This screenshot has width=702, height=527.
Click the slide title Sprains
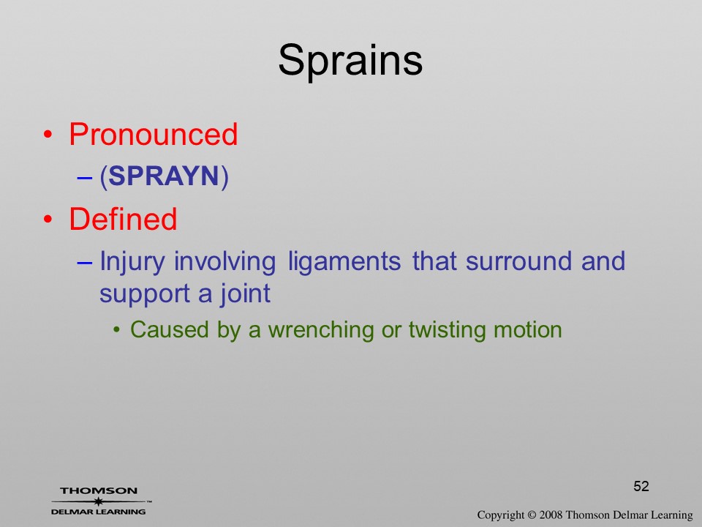[x=350, y=61]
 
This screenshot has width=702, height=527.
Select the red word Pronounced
[x=153, y=134]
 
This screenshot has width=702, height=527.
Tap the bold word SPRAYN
[x=164, y=176]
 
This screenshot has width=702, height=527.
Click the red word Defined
[x=123, y=219]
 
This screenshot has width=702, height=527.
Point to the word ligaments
[x=344, y=262]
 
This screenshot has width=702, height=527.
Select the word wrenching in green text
[x=321, y=331]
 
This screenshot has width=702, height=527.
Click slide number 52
[x=641, y=486]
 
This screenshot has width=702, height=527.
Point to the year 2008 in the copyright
[x=551, y=515]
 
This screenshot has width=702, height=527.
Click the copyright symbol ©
[x=532, y=515]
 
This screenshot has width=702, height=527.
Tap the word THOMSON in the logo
[x=99, y=491]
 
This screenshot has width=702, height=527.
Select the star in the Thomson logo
[x=99, y=501]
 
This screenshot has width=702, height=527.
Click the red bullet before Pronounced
[x=48, y=135]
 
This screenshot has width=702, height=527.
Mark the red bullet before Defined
[x=48, y=220]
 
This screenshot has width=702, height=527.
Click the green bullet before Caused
[x=117, y=331]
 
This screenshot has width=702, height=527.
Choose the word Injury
[x=132, y=262]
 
